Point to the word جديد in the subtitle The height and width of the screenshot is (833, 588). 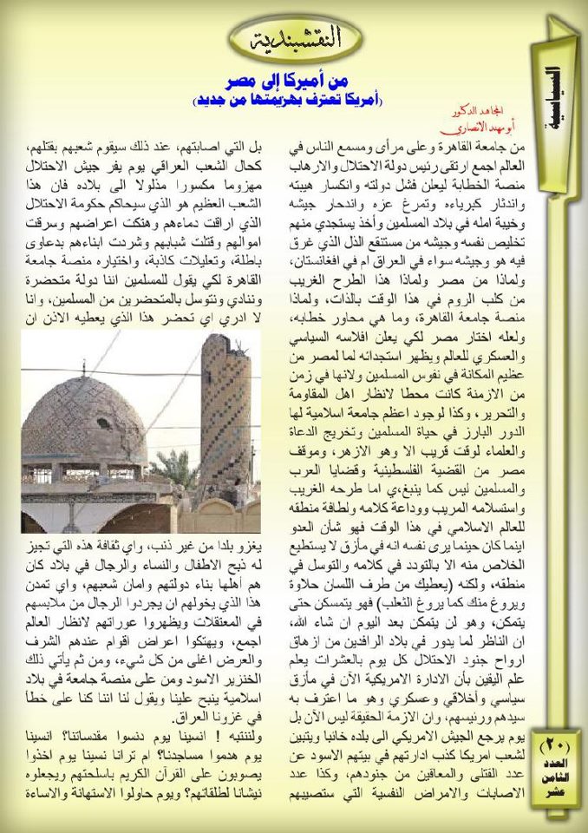coord(216,101)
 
